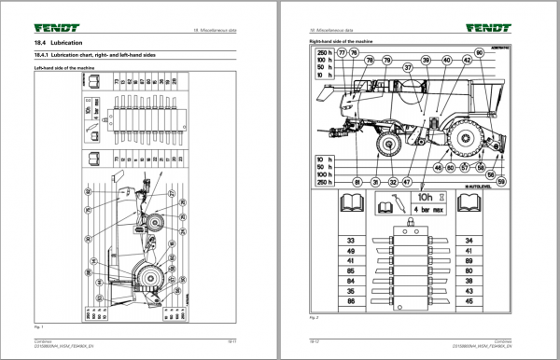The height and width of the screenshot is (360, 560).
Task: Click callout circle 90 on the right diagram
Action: pyautogui.click(x=481, y=53)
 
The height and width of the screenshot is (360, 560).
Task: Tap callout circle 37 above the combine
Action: pyautogui.click(x=407, y=69)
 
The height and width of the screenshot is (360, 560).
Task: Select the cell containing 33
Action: pyautogui.click(x=352, y=241)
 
